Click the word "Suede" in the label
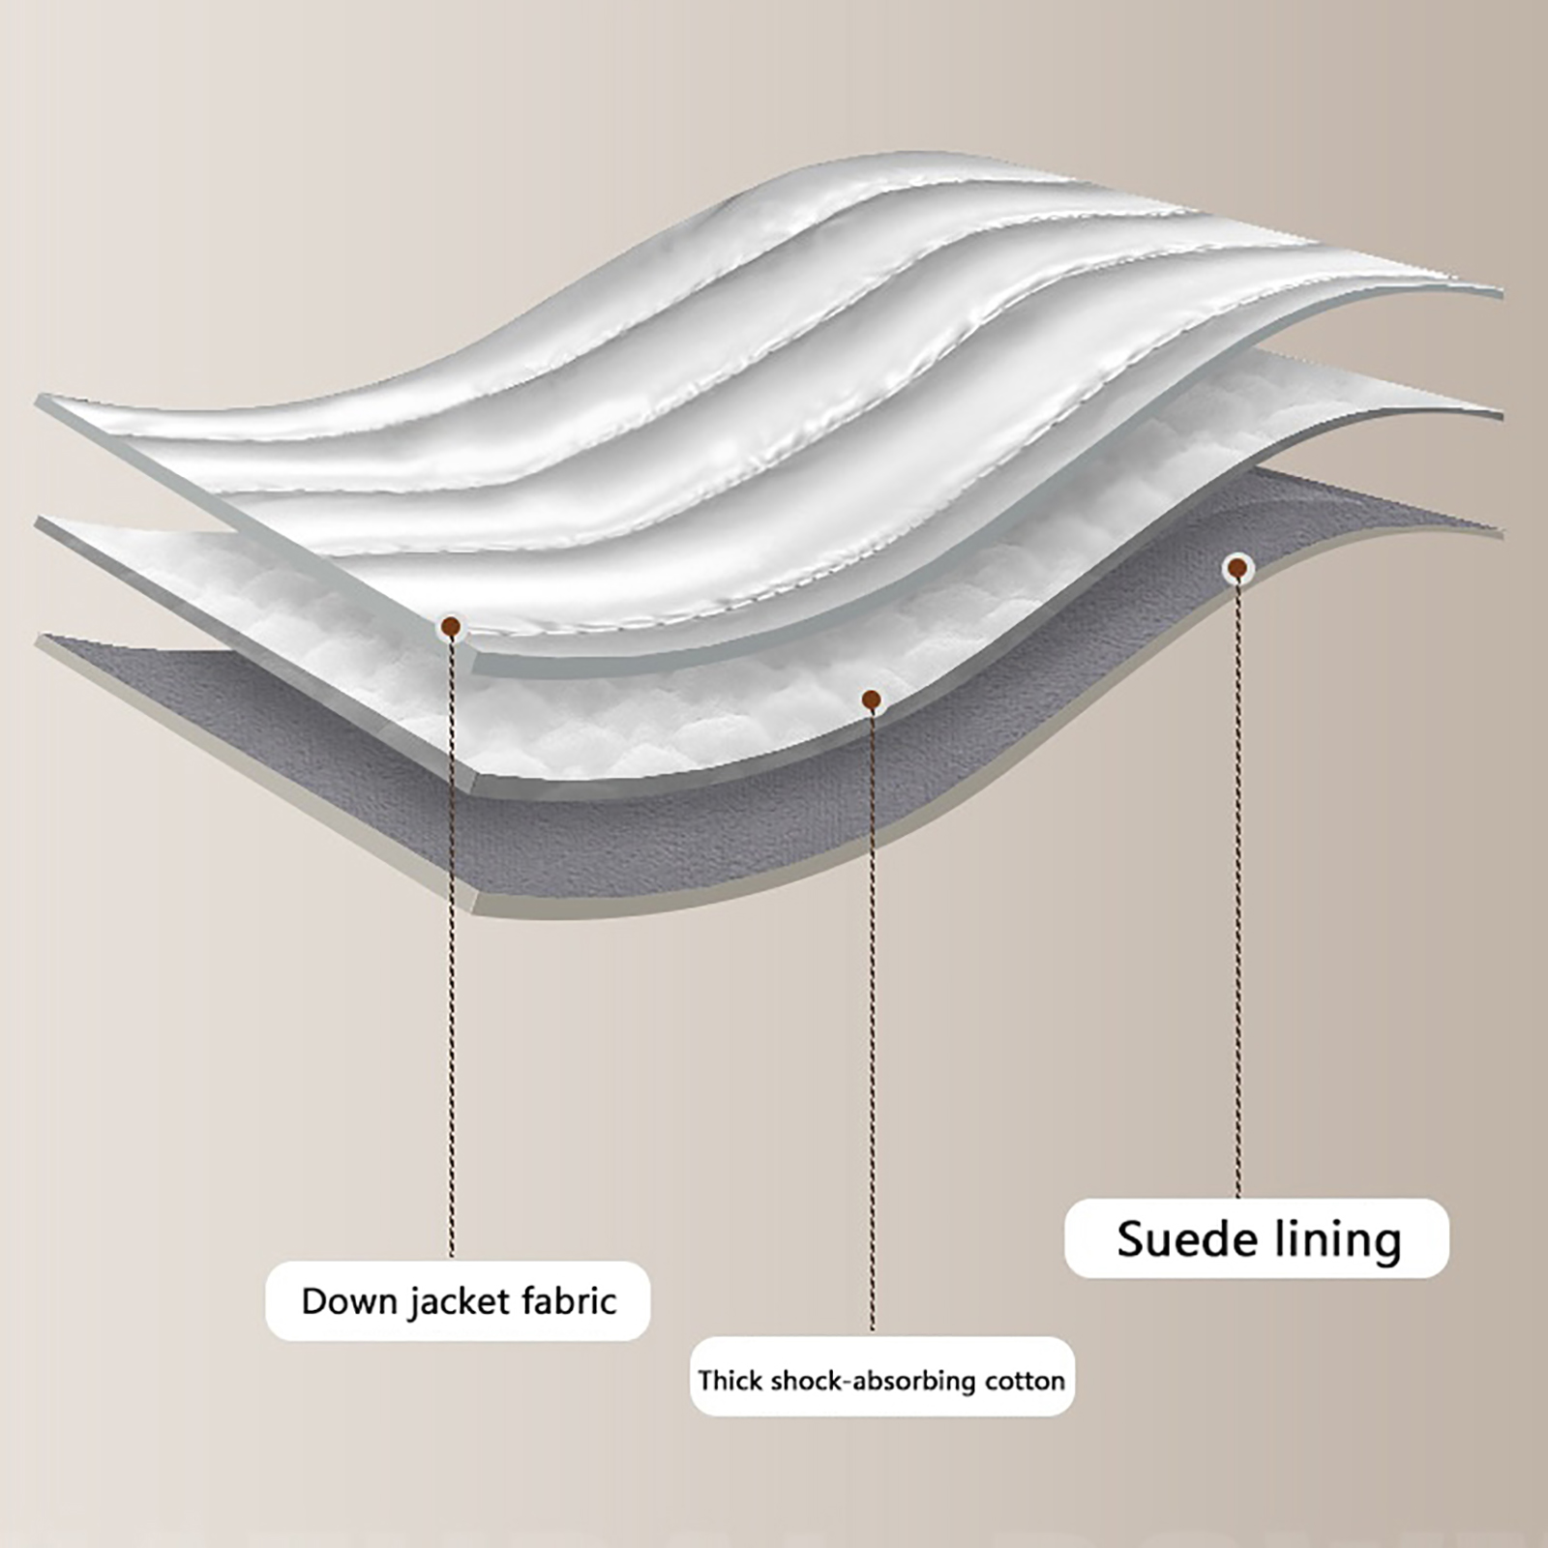[x=1173, y=1239]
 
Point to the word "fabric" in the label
[x=569, y=1301]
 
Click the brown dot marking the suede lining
[x=1235, y=569]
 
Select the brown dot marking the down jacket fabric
[x=450, y=627]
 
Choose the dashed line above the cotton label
[x=872, y=1016]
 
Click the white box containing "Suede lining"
[x=1256, y=1238]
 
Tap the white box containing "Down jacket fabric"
[x=458, y=1301]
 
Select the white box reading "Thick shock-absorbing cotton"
[x=881, y=1380]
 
